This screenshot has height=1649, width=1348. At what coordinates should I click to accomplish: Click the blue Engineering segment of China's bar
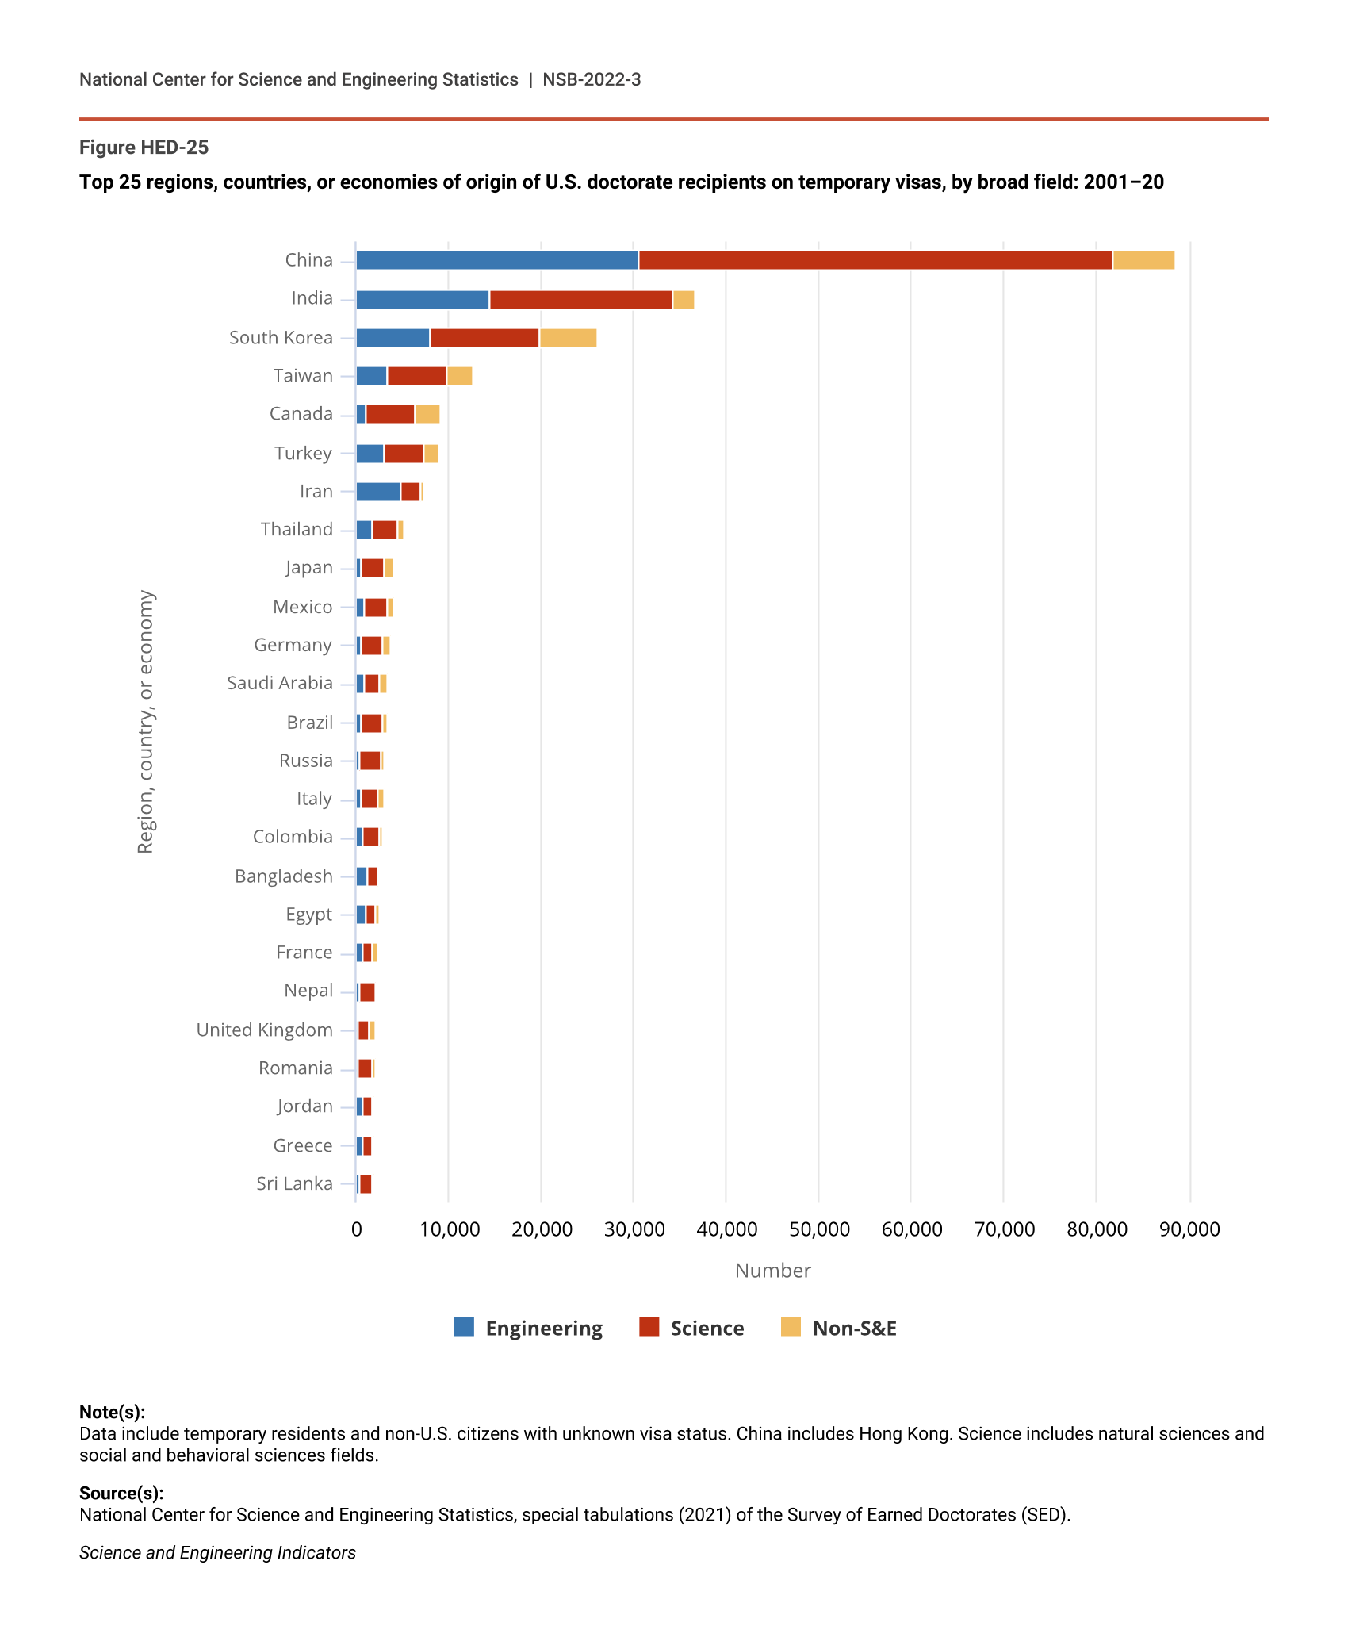496,260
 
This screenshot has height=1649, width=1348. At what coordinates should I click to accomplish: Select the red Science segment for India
580,300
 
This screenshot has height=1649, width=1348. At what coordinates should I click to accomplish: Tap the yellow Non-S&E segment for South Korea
568,338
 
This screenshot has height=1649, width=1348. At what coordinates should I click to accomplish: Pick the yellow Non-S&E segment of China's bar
1143,260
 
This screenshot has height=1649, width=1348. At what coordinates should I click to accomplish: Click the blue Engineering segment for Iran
378,492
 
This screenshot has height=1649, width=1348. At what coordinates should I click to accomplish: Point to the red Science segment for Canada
390,414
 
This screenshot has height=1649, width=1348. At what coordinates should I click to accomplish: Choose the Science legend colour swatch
649,1327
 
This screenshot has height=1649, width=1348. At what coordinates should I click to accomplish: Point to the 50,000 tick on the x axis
819,1229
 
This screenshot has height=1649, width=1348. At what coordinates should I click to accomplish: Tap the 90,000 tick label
1189,1229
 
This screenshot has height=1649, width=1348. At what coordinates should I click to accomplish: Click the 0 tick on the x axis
357,1229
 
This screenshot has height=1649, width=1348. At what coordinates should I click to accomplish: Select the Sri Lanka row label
294,1183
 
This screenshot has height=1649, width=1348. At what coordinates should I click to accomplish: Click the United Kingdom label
264,1030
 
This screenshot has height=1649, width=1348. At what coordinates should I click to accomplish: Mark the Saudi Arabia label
279,683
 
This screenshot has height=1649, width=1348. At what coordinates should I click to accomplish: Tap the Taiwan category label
303,376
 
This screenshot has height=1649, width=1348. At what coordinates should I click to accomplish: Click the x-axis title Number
772,1271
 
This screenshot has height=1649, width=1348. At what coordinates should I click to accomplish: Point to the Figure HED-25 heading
144,148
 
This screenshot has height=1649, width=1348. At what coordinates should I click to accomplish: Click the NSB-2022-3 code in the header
592,79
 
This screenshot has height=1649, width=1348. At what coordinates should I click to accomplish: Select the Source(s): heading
121,1493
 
